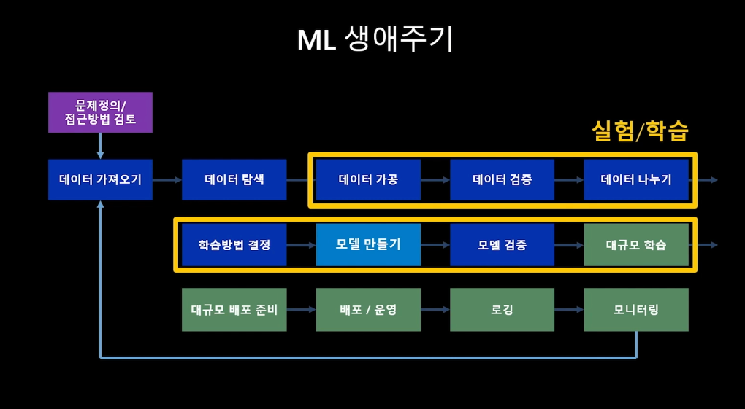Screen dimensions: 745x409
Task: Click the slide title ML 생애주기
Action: [x=375, y=40]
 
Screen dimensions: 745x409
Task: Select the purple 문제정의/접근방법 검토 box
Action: [x=100, y=112]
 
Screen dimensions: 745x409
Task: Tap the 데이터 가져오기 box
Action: [x=100, y=180]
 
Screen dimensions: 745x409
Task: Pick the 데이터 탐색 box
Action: [x=234, y=180]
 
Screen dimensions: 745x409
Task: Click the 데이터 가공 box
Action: [x=368, y=180]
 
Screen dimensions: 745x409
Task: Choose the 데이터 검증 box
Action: [x=503, y=180]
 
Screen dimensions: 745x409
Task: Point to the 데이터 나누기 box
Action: [x=636, y=180]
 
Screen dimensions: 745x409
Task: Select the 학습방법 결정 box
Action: [x=234, y=245]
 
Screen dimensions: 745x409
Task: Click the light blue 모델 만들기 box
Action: [x=368, y=245]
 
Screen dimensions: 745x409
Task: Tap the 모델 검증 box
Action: [x=503, y=245]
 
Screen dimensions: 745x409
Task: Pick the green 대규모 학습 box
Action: [x=636, y=245]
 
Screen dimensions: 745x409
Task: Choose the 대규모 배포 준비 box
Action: [x=234, y=310]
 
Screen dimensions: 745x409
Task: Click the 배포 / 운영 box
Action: [x=368, y=310]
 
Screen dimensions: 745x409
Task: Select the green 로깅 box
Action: [x=503, y=310]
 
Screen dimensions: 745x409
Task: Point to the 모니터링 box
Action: [x=636, y=310]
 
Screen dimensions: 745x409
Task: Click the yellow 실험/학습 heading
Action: [x=640, y=131]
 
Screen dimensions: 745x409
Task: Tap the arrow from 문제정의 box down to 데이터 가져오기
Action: [x=100, y=146]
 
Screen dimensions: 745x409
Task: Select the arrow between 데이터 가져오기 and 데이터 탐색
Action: [x=167, y=180]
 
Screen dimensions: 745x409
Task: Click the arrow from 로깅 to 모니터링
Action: [x=569, y=309]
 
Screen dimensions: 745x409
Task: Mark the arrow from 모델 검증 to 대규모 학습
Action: [x=569, y=245]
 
